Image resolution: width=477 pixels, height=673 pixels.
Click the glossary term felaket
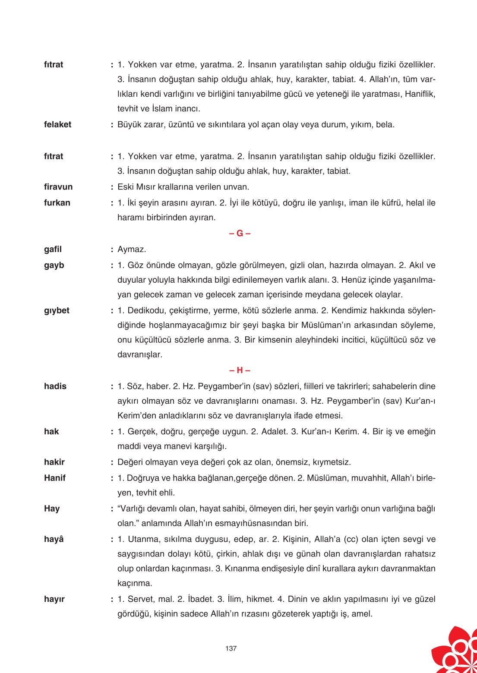[57, 125]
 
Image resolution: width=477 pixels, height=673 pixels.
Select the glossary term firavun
[58, 187]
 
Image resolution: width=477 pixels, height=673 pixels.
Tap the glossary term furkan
[57, 203]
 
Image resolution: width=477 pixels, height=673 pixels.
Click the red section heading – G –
[240, 234]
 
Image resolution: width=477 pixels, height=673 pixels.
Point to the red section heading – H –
[240, 370]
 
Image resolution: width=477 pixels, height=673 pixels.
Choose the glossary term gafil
[53, 250]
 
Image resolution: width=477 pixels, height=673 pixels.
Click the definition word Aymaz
[132, 250]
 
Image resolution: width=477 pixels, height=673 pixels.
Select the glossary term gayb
[54, 265]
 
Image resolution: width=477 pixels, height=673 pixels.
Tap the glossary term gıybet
[57, 311]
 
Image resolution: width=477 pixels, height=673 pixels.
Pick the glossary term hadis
[55, 386]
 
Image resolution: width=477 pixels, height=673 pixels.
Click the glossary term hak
[51, 432]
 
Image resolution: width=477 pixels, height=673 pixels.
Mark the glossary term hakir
[54, 462]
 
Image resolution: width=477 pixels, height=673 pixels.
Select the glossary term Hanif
[55, 478]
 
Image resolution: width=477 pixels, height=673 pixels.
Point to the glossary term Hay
[52, 509]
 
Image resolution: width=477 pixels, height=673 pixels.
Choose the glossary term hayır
[54, 599]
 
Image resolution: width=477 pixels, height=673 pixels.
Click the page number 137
[231, 648]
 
